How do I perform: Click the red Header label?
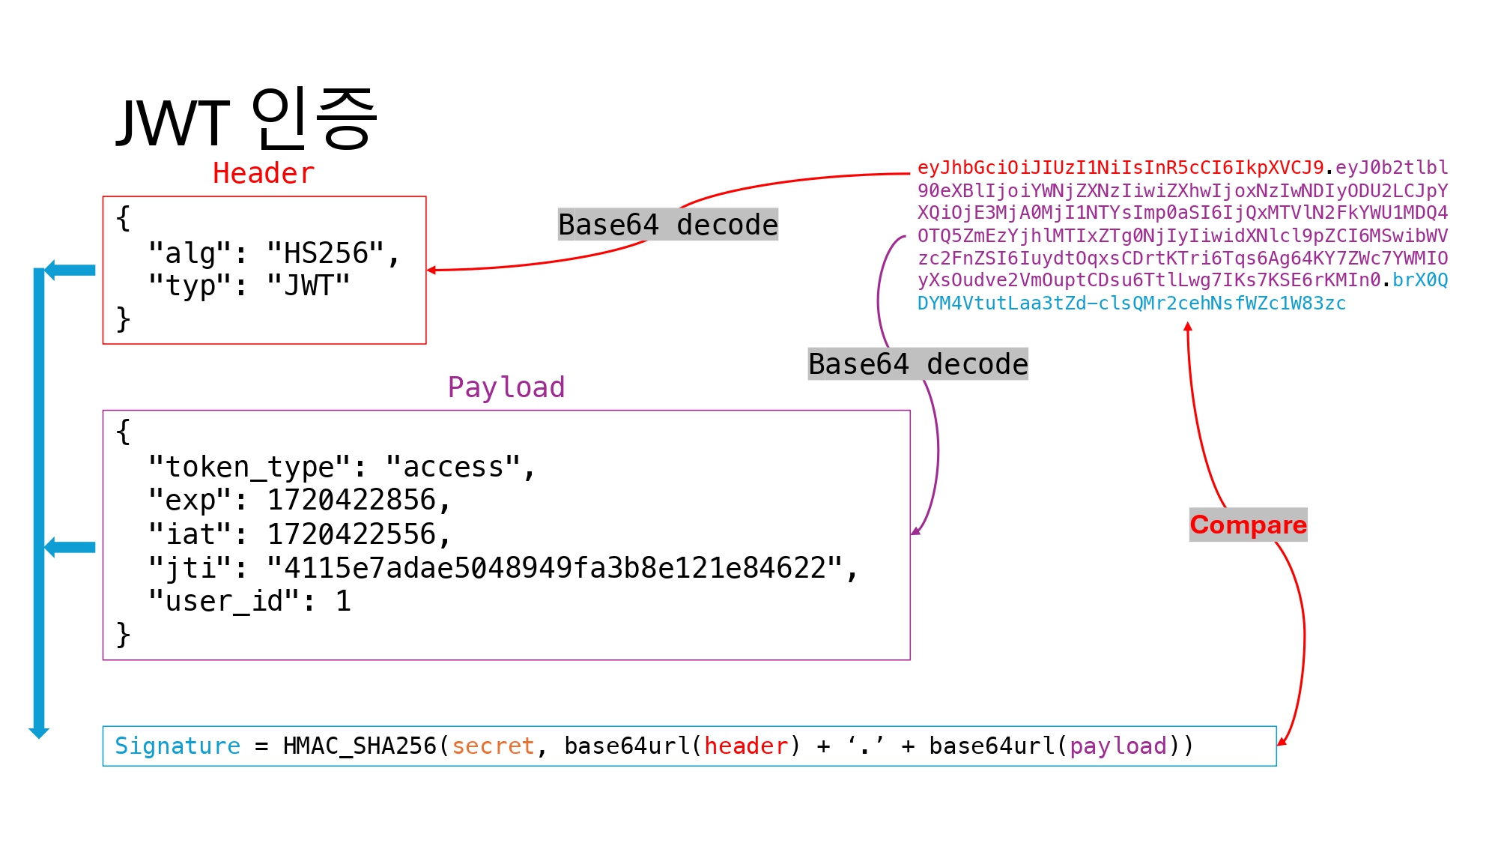[263, 173]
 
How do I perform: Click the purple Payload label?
[506, 387]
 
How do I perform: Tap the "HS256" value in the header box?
[325, 253]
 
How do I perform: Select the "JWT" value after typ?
[309, 285]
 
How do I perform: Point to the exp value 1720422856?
[352, 500]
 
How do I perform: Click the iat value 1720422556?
[352, 534]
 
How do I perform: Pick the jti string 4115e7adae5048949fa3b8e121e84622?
[555, 568]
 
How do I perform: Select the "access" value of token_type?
[453, 467]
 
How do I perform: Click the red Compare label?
[1248, 525]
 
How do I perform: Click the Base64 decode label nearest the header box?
[668, 225]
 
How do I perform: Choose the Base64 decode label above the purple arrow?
[918, 364]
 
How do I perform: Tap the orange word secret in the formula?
[493, 746]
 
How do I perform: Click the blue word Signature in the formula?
[178, 746]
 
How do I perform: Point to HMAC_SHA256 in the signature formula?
[359, 746]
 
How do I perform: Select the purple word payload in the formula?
[1118, 746]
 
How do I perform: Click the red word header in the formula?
[746, 746]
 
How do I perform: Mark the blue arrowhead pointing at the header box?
[51, 270]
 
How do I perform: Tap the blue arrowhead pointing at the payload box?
[51, 547]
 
